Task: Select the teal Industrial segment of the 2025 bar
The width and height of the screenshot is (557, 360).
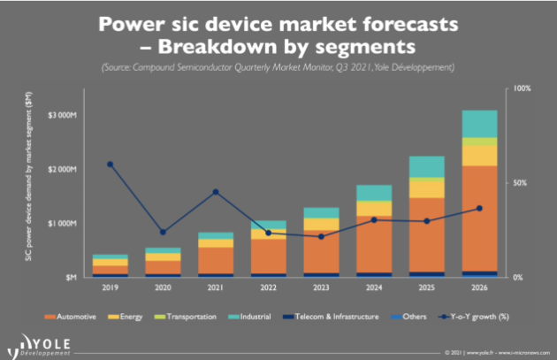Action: pyautogui.click(x=426, y=166)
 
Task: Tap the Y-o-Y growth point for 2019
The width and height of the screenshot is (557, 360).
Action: pyautogui.click(x=110, y=165)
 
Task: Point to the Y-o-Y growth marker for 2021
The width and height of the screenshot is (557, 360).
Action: pyautogui.click(x=215, y=192)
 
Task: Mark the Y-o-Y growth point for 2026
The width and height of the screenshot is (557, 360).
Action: pyautogui.click(x=478, y=208)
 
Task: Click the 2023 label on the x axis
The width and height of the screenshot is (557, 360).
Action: pyautogui.click(x=320, y=287)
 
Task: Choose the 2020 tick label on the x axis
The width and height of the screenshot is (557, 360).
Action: pyautogui.click(x=163, y=287)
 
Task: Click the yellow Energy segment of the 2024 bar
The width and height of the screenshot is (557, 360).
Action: pyautogui.click(x=373, y=209)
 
